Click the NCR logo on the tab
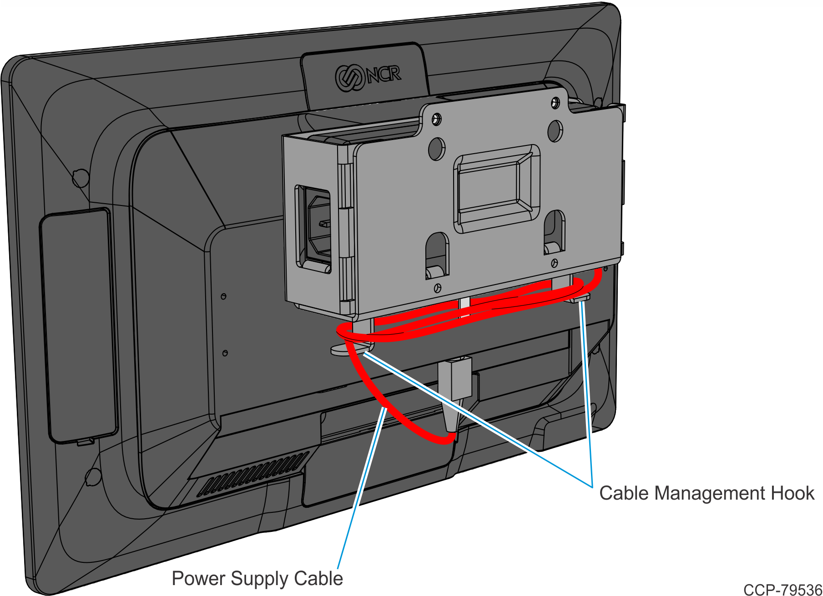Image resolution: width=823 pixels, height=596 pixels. point(368,76)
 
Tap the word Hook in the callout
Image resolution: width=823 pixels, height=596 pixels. point(791,493)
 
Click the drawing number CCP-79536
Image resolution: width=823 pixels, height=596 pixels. point(783,590)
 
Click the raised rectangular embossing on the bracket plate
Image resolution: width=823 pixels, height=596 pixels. point(496,189)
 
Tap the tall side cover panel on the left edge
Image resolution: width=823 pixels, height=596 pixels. point(79,325)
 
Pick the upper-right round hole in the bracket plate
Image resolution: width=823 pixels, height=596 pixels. point(555,130)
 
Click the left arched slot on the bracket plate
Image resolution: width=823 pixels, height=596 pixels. point(437,255)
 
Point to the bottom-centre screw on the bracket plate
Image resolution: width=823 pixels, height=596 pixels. point(438,288)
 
